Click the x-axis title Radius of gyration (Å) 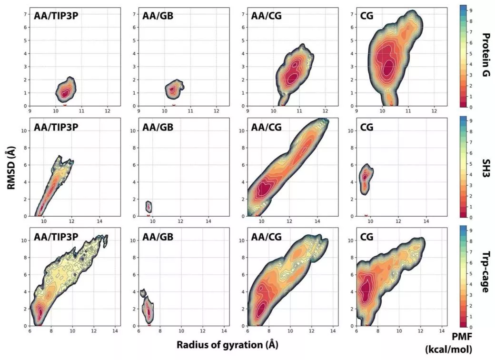(228, 345)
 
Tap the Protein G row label (486, 55)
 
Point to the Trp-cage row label (486, 272)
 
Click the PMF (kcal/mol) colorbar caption (448, 343)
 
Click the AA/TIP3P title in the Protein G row (56, 16)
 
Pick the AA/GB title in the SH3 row (158, 127)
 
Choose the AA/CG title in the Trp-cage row (267, 237)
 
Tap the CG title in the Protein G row (366, 16)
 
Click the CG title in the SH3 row (366, 127)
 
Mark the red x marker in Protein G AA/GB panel (174, 105)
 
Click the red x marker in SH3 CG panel (366, 216)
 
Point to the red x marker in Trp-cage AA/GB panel (149, 325)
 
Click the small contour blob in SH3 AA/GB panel (149, 207)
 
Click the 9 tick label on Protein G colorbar (471, 10)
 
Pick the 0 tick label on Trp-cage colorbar (471, 327)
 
